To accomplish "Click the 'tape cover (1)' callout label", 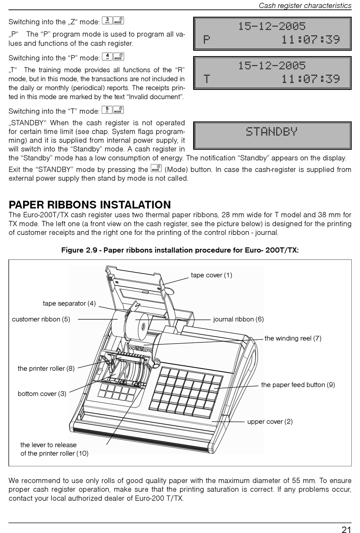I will [211, 275].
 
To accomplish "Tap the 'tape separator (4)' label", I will [69, 303].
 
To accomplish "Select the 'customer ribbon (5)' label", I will [41, 319].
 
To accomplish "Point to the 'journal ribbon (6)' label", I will [238, 319].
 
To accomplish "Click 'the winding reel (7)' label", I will [293, 338].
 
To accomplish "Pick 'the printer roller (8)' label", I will [46, 369].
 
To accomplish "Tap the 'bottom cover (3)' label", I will [42, 394].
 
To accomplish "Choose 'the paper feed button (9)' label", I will [298, 385].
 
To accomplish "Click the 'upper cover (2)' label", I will [270, 422].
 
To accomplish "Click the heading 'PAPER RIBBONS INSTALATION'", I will [90, 205].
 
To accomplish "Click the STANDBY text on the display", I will [271, 132].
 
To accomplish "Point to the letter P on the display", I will [207, 39].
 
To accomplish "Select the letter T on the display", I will [207, 79].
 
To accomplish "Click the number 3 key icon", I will [107, 20].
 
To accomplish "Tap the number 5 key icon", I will [107, 110].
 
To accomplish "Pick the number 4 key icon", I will [107, 57].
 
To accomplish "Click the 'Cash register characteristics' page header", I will [305, 6].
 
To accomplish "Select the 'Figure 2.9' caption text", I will [180, 250].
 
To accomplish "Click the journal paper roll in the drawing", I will [142, 325].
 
